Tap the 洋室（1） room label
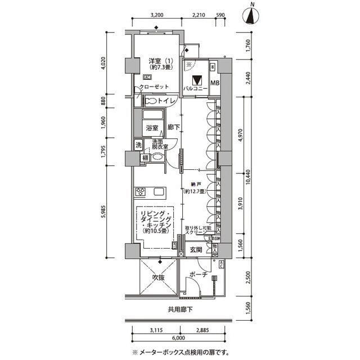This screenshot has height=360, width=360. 157,60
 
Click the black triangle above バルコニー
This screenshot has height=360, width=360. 196,80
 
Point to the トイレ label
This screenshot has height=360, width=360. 165,101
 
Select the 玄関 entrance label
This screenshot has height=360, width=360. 195,250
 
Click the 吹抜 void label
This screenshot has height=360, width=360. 158,278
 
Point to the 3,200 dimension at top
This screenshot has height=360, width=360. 157,15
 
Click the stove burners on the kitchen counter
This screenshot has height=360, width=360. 141,193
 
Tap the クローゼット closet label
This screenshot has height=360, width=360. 154,87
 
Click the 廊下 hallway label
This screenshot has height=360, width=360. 174,128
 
